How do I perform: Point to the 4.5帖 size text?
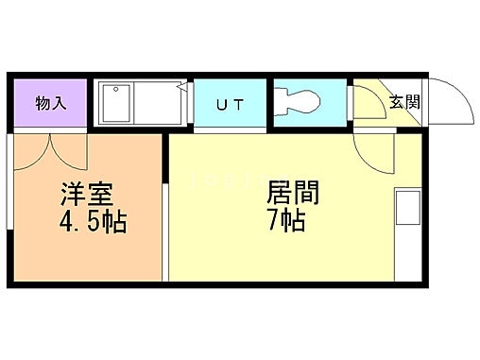(89, 224)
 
